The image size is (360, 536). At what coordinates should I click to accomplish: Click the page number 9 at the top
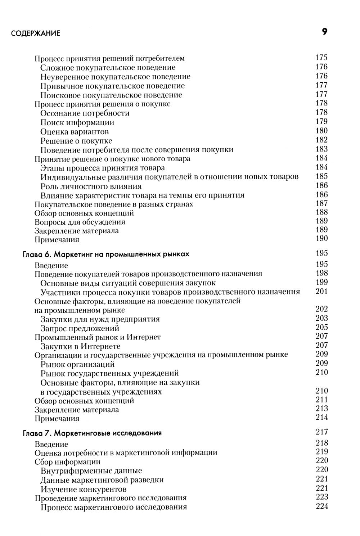(324, 32)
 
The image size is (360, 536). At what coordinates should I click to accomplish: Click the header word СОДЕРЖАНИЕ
(36, 34)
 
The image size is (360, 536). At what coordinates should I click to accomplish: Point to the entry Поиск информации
(77, 122)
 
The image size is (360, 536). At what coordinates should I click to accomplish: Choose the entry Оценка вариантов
(75, 132)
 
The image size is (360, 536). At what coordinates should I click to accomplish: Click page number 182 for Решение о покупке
(321, 140)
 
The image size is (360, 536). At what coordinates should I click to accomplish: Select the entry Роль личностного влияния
(91, 186)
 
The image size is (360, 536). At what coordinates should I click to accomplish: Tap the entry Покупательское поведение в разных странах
(114, 204)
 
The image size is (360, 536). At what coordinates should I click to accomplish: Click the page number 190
(321, 238)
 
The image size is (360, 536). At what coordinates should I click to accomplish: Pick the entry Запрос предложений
(80, 328)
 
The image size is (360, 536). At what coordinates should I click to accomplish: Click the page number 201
(321, 291)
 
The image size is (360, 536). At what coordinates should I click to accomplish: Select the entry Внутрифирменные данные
(91, 471)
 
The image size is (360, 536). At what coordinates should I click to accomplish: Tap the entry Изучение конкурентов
(84, 489)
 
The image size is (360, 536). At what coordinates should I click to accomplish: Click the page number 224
(321, 506)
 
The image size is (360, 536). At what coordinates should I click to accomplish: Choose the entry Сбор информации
(67, 462)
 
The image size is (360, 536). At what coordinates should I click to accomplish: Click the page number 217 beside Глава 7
(321, 432)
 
